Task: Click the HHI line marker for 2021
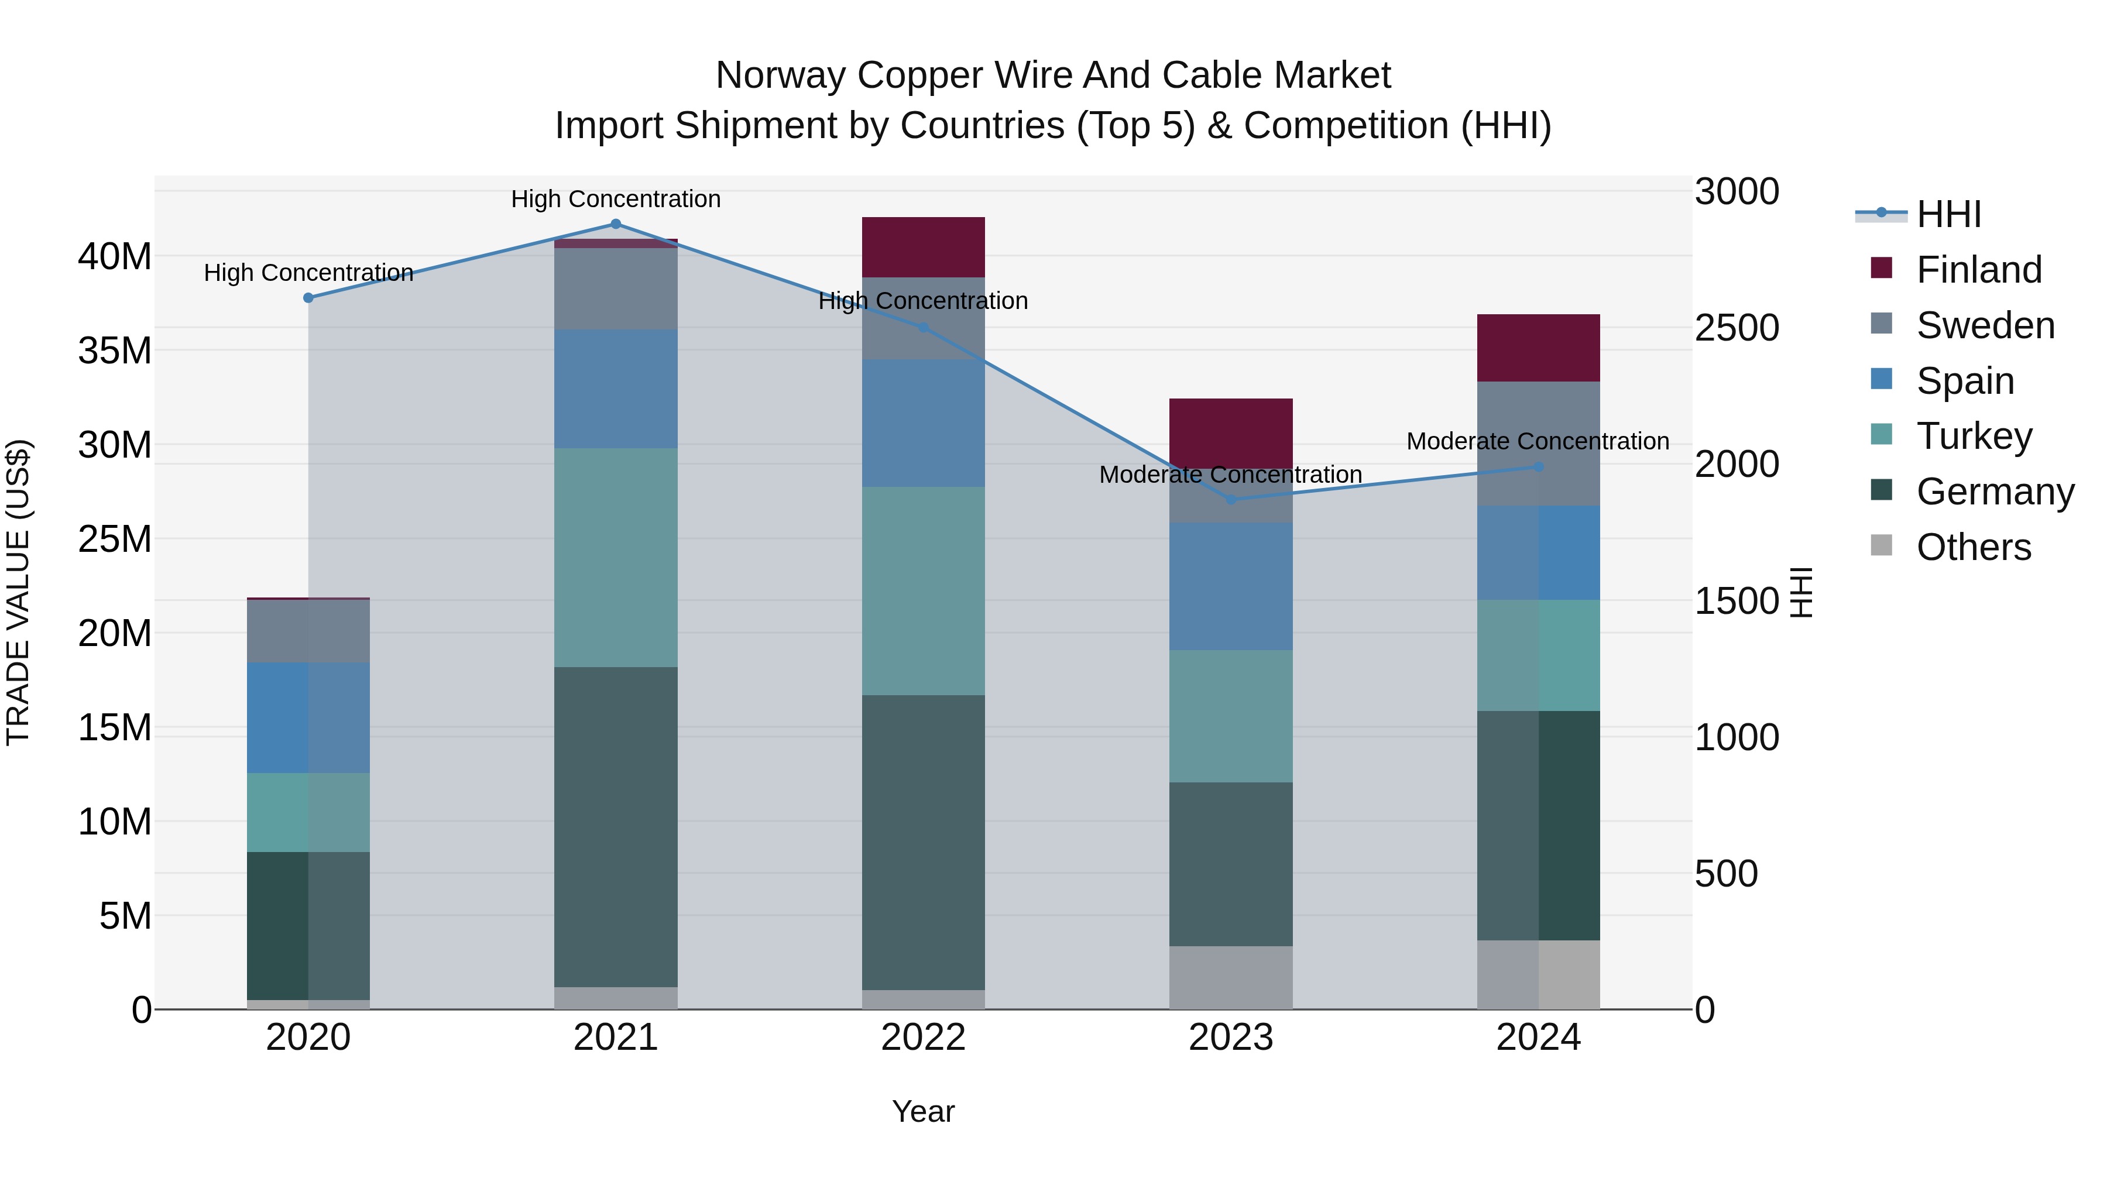pos(616,224)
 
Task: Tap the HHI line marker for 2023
pos(1231,499)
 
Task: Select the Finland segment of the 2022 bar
pos(924,247)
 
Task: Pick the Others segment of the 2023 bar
pos(1231,977)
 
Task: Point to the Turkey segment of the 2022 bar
pos(924,590)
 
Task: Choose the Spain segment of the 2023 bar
pos(1231,586)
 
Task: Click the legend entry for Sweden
pos(1985,325)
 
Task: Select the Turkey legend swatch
pos(1881,435)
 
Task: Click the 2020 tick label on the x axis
pos(308,1038)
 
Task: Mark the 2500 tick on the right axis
pos(1736,328)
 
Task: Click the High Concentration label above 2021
pos(616,199)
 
